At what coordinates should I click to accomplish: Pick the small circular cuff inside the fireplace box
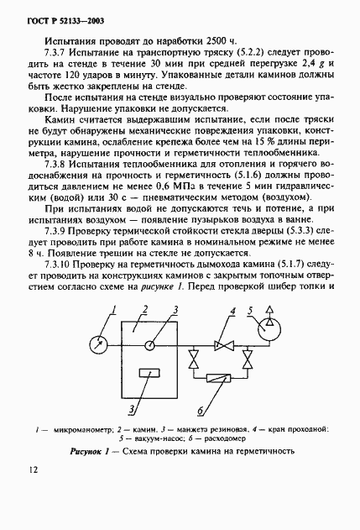[149, 344]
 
